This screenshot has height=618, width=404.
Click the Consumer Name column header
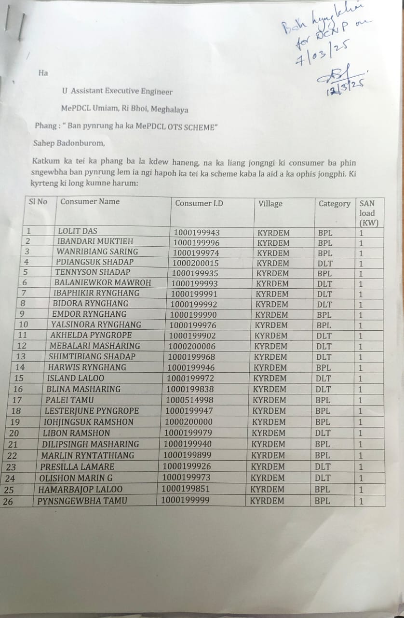(x=90, y=202)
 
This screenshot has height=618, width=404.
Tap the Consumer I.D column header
(x=199, y=203)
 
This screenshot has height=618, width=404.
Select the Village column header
(x=270, y=204)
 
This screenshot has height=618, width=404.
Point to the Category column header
(x=334, y=204)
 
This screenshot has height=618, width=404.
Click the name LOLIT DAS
(x=77, y=231)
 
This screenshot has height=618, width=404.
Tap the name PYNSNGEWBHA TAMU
(x=82, y=501)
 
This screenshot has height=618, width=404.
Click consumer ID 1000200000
(x=189, y=422)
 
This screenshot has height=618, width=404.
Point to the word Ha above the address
(x=43, y=73)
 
